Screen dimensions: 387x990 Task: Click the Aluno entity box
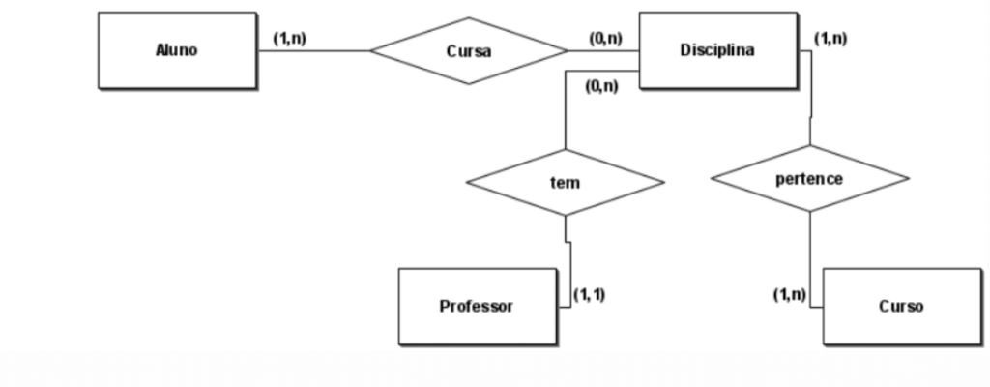point(176,50)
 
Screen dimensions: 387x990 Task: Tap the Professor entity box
point(477,306)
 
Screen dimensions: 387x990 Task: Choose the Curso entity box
point(901,306)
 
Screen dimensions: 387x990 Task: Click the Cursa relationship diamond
point(469,51)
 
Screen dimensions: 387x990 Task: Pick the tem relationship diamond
point(565,182)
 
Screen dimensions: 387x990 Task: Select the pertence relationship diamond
point(809,179)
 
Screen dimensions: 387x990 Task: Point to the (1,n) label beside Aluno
point(291,40)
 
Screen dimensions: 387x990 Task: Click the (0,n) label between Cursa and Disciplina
point(605,40)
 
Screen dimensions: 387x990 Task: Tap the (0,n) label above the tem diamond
point(601,86)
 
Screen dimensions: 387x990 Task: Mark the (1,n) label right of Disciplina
point(830,39)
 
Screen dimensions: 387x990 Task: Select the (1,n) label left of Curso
point(789,294)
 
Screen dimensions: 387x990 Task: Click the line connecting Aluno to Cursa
point(314,51)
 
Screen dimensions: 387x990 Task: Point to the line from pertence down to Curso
point(810,252)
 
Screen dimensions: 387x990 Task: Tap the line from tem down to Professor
point(570,261)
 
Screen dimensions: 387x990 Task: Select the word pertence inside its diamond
point(809,179)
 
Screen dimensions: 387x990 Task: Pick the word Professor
point(477,306)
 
